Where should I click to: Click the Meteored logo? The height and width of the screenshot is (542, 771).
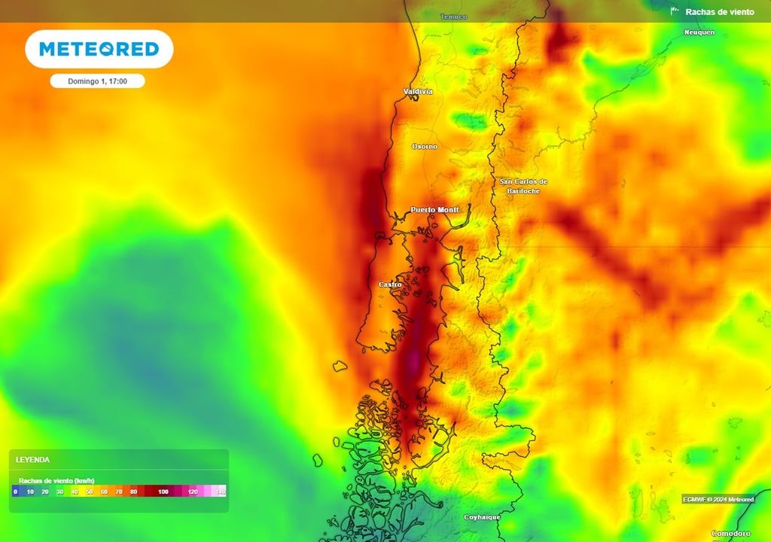click(x=99, y=50)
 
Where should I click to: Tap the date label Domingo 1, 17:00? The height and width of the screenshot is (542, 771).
click(x=97, y=81)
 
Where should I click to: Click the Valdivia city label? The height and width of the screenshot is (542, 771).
click(x=418, y=92)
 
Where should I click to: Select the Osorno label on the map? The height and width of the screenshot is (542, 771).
click(x=424, y=146)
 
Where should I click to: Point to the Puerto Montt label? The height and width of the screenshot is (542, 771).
click(x=434, y=209)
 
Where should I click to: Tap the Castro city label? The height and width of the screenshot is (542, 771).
click(x=390, y=285)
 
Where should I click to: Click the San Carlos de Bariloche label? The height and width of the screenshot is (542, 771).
click(x=524, y=186)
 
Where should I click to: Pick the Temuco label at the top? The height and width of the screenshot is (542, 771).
click(x=453, y=17)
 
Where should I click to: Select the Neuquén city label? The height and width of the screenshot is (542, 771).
click(x=699, y=32)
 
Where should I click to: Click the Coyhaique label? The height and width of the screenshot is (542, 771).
click(x=482, y=517)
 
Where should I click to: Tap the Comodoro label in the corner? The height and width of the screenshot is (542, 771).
click(x=731, y=533)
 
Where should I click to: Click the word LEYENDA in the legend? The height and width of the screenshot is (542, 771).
click(x=33, y=459)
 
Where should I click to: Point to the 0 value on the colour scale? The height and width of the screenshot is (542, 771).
click(x=15, y=492)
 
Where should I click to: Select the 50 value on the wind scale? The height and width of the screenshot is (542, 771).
click(x=89, y=492)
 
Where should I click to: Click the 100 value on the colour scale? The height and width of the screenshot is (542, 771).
click(x=163, y=492)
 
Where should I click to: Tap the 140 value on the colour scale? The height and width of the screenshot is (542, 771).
click(x=221, y=492)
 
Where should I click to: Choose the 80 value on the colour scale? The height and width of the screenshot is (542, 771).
click(x=133, y=492)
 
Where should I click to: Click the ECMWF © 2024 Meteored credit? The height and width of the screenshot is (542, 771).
click(x=718, y=499)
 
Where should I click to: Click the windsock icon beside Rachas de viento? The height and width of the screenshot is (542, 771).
click(x=675, y=11)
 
